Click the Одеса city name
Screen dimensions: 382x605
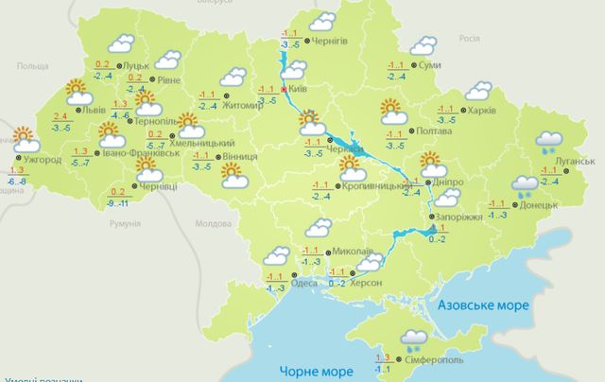tap(304, 283)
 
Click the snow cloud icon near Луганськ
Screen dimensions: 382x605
tap(549, 142)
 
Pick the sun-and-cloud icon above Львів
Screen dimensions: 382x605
tap(78, 92)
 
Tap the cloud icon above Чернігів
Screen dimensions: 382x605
tap(323, 20)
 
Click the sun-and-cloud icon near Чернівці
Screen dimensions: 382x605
tap(147, 168)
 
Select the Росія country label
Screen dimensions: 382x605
tap(469, 40)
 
